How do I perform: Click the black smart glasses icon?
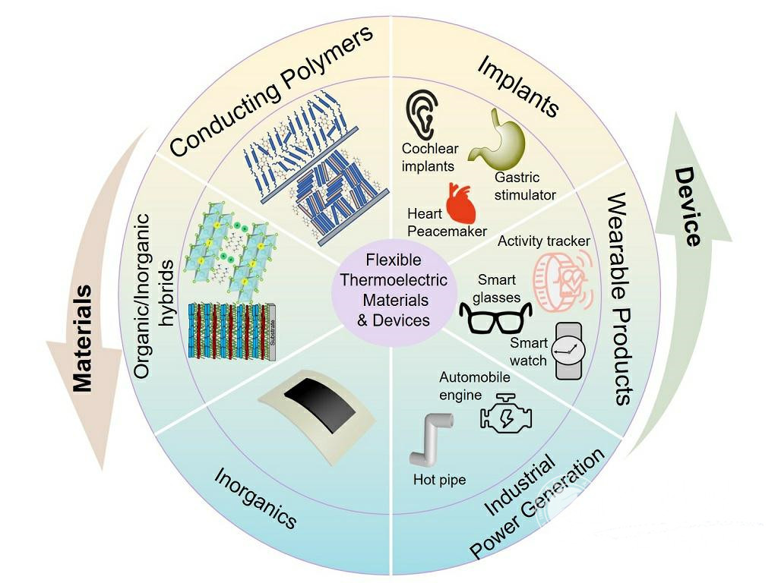tap(491, 317)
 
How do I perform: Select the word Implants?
tap(518, 86)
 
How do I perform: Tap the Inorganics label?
tap(255, 497)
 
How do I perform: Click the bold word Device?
tap(688, 206)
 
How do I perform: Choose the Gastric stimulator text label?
tap(525, 186)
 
